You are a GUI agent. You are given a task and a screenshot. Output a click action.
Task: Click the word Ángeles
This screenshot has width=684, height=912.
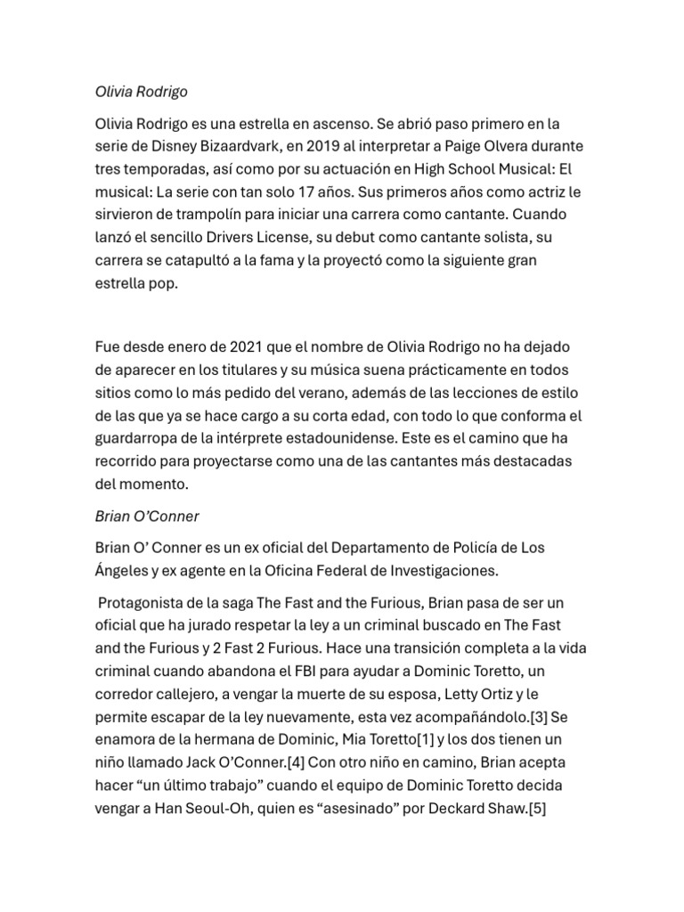pyautogui.click(x=125, y=570)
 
